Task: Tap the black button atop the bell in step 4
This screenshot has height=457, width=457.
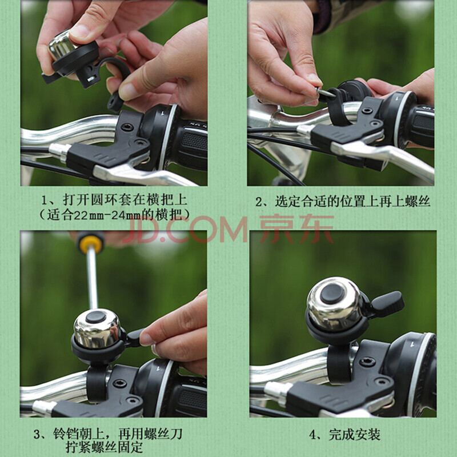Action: pyautogui.click(x=332, y=293)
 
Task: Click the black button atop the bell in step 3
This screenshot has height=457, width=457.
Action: pyautogui.click(x=96, y=316)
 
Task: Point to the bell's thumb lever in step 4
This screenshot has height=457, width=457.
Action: pyautogui.click(x=387, y=304)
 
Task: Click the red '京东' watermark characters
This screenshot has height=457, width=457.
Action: pyautogui.click(x=296, y=229)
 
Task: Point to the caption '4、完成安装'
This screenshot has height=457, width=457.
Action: pyautogui.click(x=344, y=435)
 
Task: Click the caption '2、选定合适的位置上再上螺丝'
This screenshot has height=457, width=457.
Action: pyautogui.click(x=343, y=202)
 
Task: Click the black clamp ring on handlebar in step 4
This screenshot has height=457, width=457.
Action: pyautogui.click(x=339, y=364)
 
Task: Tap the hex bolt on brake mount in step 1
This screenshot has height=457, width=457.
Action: pyautogui.click(x=127, y=127)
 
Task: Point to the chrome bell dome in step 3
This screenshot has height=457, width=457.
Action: pyautogui.click(x=97, y=329)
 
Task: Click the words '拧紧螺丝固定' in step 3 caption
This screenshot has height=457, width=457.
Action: pyautogui.click(x=104, y=447)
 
